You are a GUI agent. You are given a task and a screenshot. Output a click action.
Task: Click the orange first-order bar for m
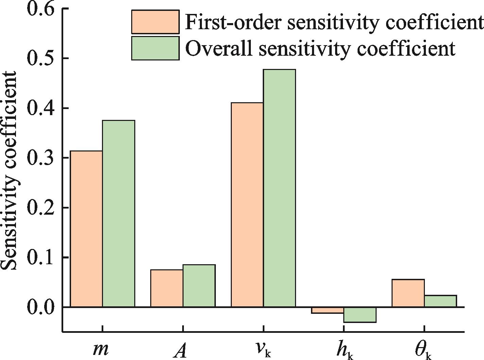point(86,229)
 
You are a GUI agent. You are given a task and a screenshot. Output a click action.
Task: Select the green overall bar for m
point(119,214)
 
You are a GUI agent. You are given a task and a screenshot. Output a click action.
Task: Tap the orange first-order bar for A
point(167,288)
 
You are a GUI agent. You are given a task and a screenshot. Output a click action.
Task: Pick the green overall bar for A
point(199,286)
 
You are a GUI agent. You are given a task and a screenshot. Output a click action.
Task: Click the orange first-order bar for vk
point(247,205)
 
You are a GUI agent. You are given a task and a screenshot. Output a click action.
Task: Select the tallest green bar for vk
point(279,188)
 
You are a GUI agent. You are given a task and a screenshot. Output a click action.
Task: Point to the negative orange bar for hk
point(327,310)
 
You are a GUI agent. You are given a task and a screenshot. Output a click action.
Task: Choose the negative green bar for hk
point(360,315)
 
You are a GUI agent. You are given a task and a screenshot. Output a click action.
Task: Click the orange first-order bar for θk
point(408,293)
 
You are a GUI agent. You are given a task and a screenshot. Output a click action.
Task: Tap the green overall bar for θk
point(440,301)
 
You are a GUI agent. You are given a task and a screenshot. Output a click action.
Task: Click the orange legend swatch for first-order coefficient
point(155,22)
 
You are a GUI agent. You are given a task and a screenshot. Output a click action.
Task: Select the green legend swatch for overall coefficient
point(155,48)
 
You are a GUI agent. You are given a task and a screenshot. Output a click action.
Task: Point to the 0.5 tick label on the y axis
point(40,58)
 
